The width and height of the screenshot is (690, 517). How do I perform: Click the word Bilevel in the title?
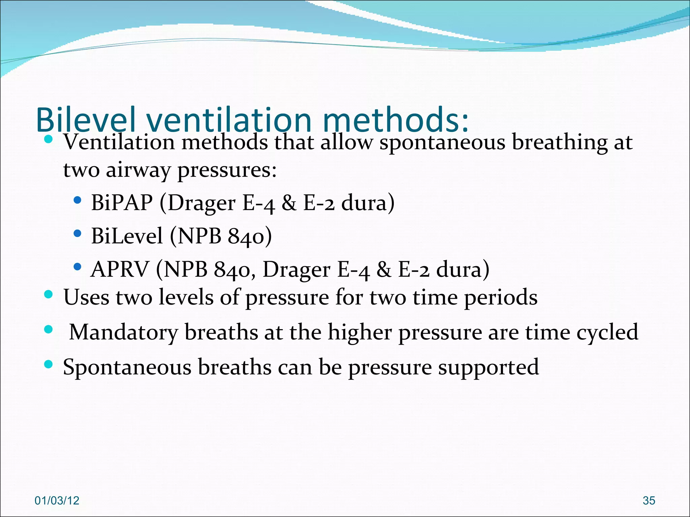tap(86, 119)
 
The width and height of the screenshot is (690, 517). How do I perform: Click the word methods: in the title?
tap(396, 119)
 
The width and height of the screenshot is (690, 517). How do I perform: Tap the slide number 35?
tap(649, 501)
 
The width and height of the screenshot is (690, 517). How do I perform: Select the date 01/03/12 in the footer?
tap(57, 501)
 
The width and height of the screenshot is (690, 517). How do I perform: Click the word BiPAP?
tap(122, 203)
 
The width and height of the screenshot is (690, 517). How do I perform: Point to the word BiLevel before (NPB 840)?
tap(127, 236)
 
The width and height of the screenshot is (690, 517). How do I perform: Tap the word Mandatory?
tap(123, 332)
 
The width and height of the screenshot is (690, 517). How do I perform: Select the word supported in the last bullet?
tap(488, 367)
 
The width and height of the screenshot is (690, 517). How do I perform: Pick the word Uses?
tap(86, 297)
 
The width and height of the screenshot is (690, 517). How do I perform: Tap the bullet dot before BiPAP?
tap(77, 201)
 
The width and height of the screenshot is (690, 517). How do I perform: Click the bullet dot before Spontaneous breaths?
tap(49, 364)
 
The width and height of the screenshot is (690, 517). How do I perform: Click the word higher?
tap(359, 332)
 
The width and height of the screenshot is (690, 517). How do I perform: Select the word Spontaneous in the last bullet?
tap(127, 367)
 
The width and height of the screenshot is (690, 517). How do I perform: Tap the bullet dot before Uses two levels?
tap(49, 295)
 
